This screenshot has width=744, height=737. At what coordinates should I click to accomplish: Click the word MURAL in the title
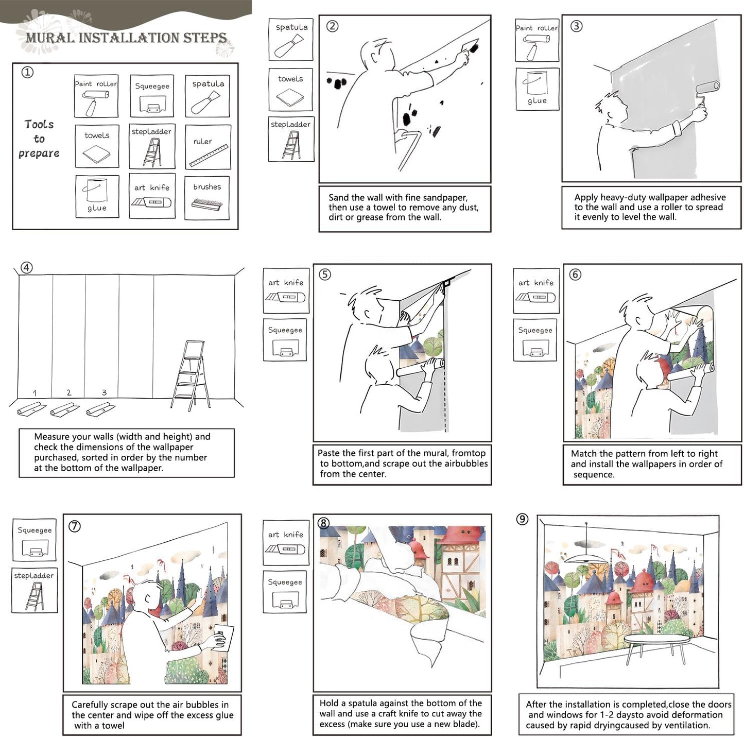click(50, 38)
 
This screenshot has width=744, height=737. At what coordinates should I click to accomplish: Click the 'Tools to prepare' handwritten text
click(39, 139)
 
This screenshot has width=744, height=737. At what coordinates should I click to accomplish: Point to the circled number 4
click(26, 268)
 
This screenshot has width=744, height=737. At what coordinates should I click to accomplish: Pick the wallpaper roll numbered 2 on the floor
click(65, 409)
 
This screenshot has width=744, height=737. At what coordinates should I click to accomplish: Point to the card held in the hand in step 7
click(224, 640)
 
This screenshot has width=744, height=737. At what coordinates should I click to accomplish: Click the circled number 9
click(522, 519)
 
